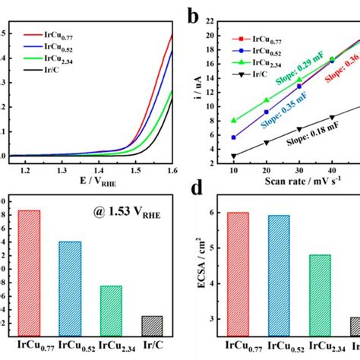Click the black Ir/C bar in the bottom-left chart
tap(152, 326)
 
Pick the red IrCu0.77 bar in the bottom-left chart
tap(29, 273)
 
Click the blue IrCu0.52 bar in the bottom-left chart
tap(70, 289)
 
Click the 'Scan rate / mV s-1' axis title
tap(296, 182)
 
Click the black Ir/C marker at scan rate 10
tap(233, 156)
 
